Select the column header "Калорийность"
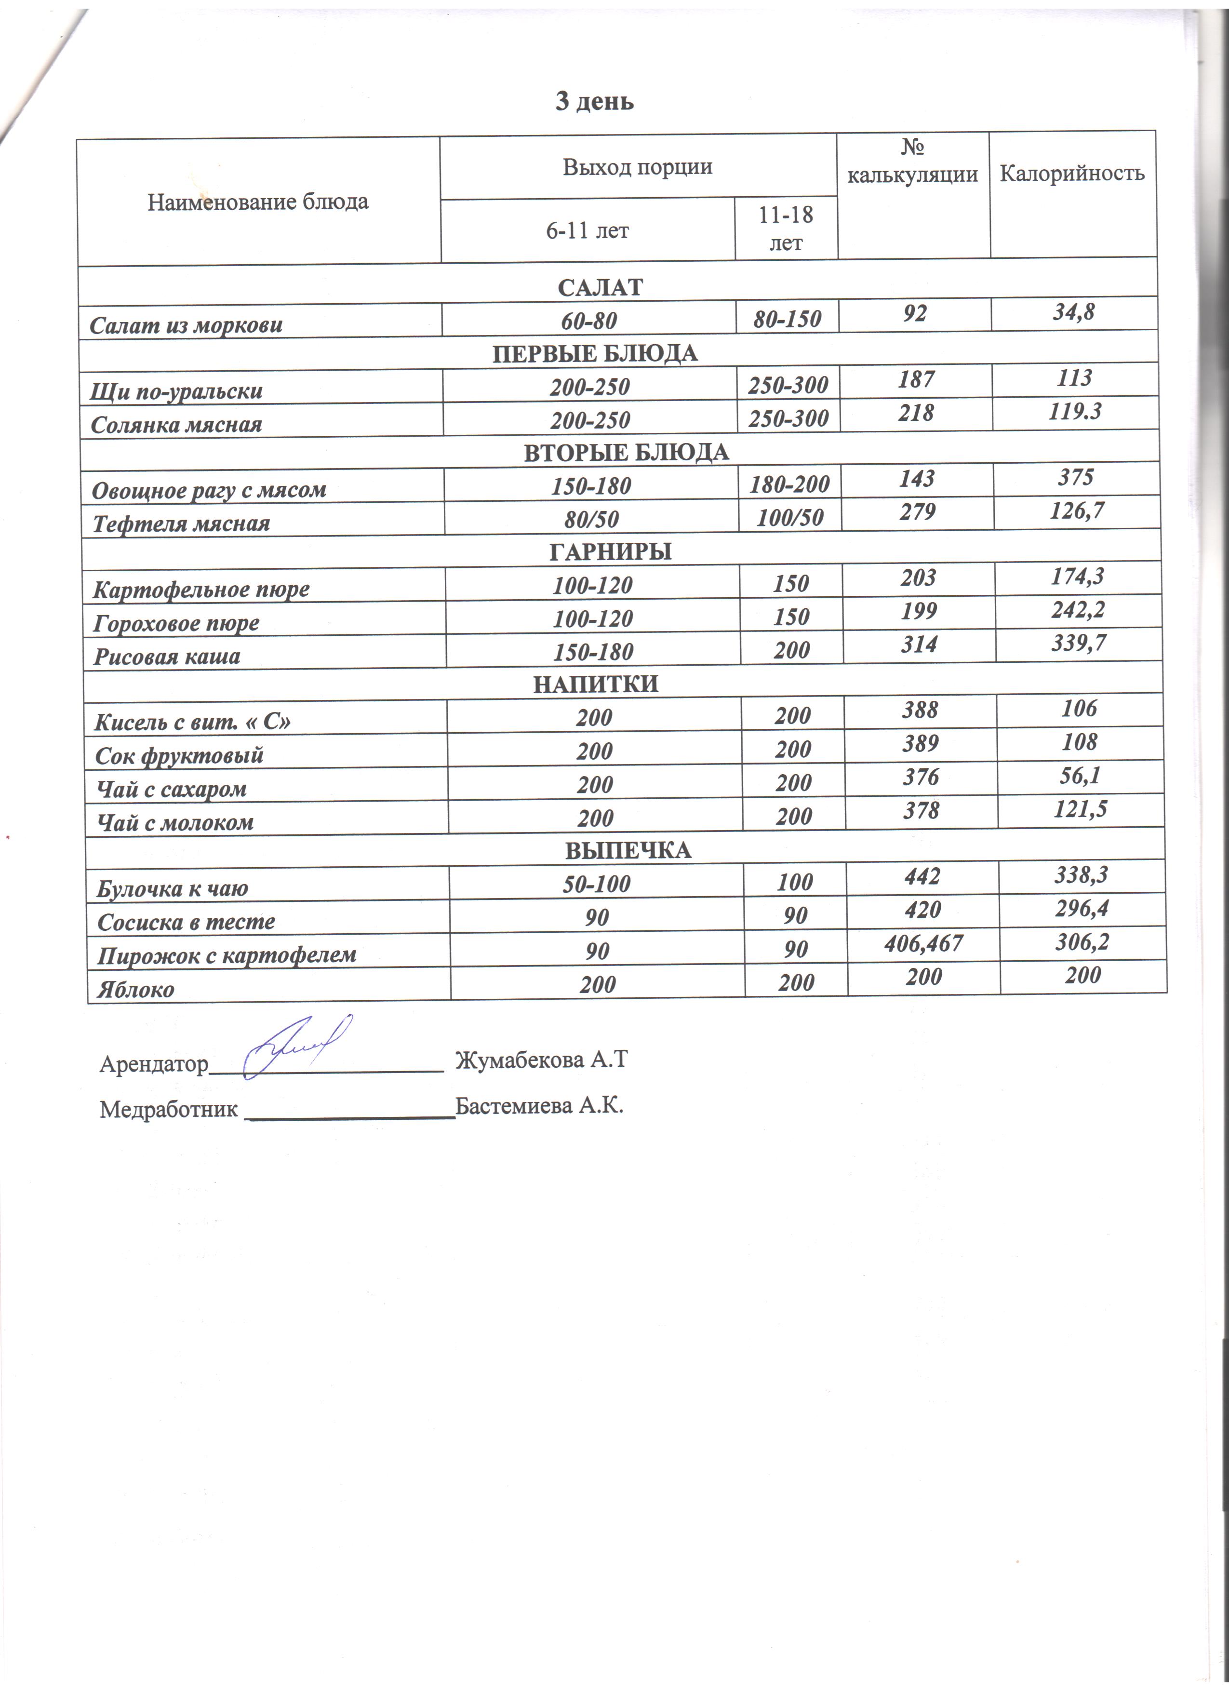pyautogui.click(x=1072, y=173)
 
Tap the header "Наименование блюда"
pyautogui.click(x=258, y=201)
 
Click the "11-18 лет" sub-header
pyautogui.click(x=786, y=228)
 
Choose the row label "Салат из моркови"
pyautogui.click(x=187, y=325)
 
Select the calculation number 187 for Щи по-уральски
pyautogui.click(x=916, y=379)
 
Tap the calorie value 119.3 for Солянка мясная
pyautogui.click(x=1075, y=412)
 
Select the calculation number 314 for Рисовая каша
pyautogui.click(x=919, y=644)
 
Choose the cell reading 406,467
pyautogui.click(x=922, y=944)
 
